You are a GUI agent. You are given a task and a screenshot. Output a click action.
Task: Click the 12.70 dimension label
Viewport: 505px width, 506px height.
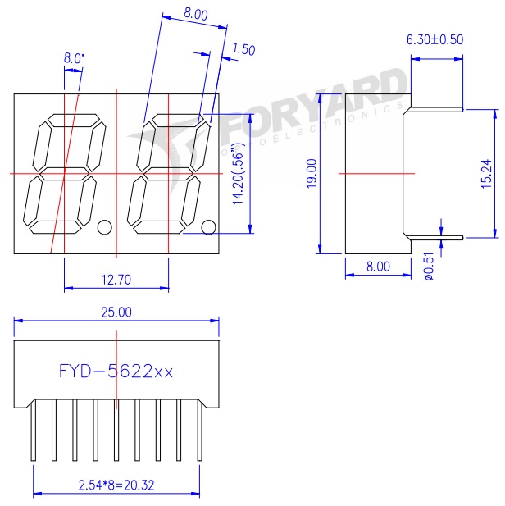[116, 280]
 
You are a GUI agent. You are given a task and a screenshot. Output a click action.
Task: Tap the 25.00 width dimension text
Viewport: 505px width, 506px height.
[116, 312]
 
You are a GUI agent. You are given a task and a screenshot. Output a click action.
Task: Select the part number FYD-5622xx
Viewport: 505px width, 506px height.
[116, 372]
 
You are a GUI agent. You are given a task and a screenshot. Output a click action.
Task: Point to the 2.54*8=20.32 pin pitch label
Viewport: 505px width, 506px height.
[116, 485]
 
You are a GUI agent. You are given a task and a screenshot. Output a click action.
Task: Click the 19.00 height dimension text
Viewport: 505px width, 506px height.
[312, 174]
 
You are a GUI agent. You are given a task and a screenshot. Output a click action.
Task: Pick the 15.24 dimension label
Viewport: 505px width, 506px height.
[486, 174]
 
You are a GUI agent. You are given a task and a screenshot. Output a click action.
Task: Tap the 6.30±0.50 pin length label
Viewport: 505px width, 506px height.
[434, 39]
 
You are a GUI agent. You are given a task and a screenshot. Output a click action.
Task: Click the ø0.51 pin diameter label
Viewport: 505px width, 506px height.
[429, 267]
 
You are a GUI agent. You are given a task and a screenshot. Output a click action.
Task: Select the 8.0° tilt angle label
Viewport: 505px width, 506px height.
[74, 58]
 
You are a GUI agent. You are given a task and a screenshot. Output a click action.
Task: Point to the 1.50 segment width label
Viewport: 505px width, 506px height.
[244, 49]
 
